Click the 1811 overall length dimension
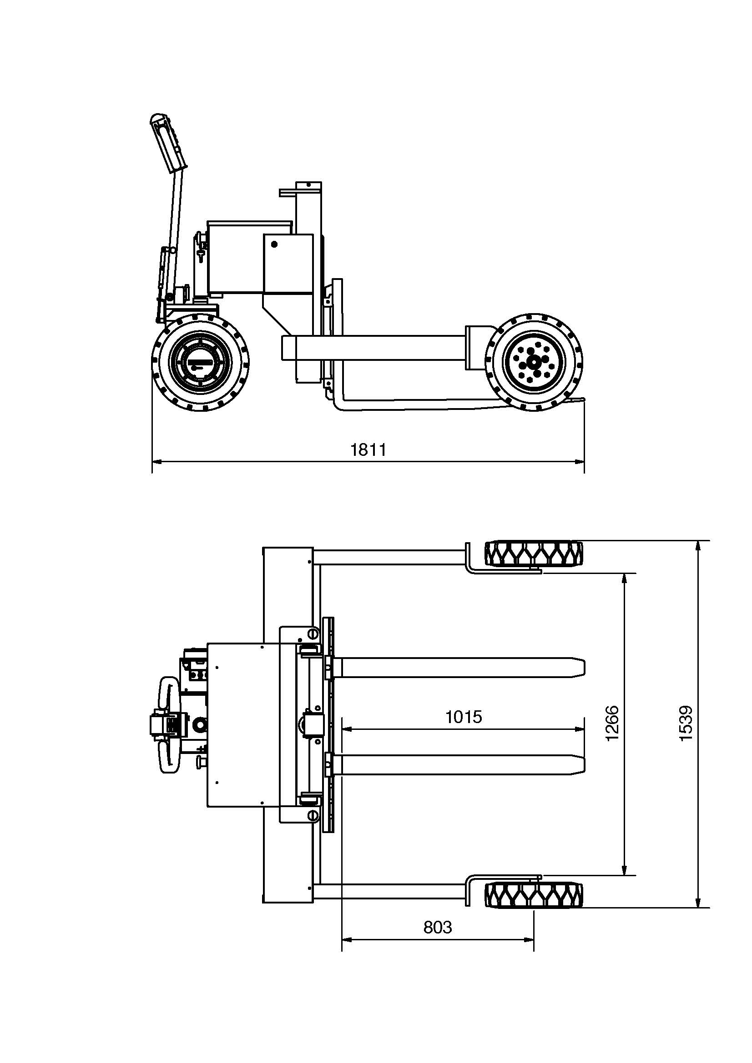point(368,449)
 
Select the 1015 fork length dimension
point(464,717)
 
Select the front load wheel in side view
point(535,362)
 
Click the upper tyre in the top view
point(534,554)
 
